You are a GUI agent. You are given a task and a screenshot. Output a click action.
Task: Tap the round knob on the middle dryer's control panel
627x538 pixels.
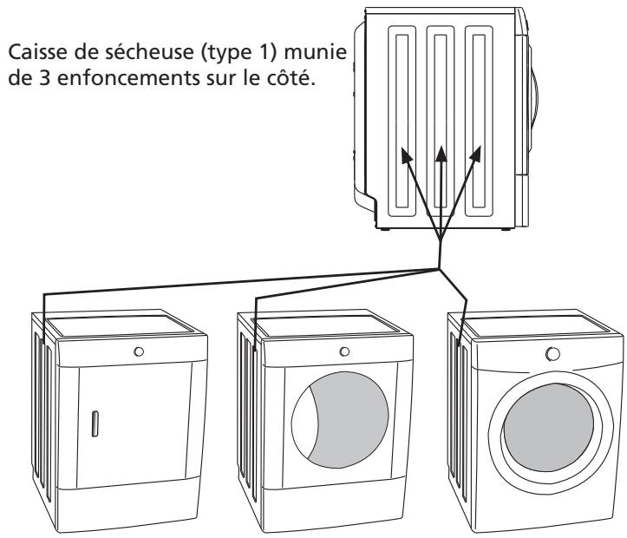345,351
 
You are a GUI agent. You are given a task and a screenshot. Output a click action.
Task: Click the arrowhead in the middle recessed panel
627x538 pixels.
442,153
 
